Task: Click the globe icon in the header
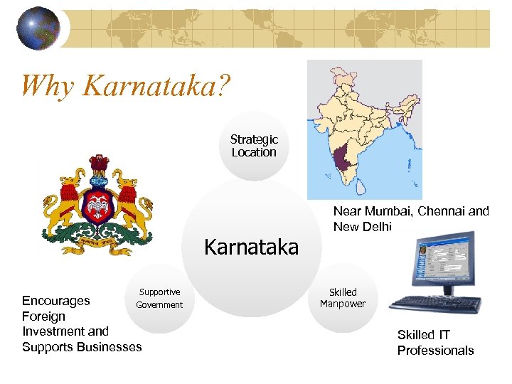click(38, 28)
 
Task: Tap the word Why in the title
click(48, 86)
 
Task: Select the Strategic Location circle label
click(254, 146)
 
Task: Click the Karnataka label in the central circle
click(251, 247)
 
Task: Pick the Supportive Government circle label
click(159, 299)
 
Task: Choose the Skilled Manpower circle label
click(342, 298)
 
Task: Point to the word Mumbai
click(388, 211)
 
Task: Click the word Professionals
click(435, 350)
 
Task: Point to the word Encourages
click(56, 300)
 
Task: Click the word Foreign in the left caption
click(43, 316)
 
